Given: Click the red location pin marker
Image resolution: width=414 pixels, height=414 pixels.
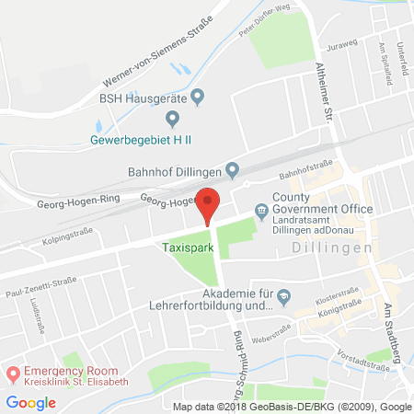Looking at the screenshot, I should point(210,203).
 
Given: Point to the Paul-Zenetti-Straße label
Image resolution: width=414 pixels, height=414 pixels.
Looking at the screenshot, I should point(38,286).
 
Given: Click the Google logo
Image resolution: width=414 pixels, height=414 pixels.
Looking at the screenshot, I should point(30,402).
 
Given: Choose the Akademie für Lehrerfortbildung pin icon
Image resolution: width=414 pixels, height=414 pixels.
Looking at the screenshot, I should point(284,295).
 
